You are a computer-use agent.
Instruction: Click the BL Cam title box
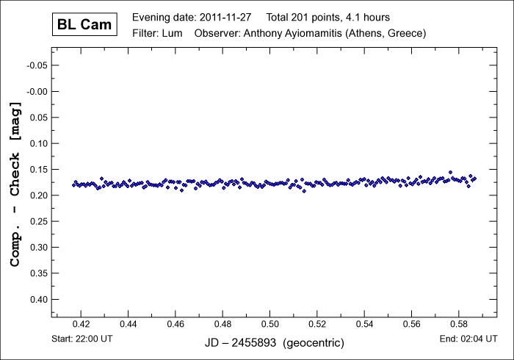pyautogui.click(x=84, y=24)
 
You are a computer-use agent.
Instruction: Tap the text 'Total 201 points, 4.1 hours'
pyautogui.click(x=339, y=17)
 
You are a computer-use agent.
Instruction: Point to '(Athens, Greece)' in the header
pyautogui.click(x=388, y=34)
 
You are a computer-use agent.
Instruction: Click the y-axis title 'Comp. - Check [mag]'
pyautogui.click(x=14, y=184)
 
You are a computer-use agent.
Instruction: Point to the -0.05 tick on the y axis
pyautogui.click(x=36, y=65)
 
